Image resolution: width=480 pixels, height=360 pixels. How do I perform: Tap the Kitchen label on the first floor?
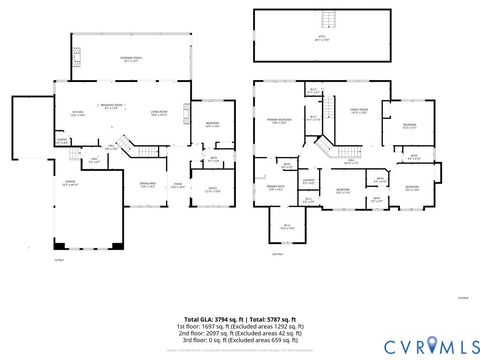click(x=77, y=112)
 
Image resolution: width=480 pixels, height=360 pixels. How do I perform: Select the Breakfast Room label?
click(x=111, y=106)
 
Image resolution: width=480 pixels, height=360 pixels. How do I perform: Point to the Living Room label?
click(x=159, y=112)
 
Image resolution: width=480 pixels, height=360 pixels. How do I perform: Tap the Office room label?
click(x=212, y=189)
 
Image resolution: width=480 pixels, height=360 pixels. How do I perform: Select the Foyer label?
click(x=176, y=184)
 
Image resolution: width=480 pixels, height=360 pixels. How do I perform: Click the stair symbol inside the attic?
click(x=326, y=22)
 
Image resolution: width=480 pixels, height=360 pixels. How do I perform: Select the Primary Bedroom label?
click(x=277, y=121)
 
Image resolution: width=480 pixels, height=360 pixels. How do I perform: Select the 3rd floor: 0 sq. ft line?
click(x=239, y=341)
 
